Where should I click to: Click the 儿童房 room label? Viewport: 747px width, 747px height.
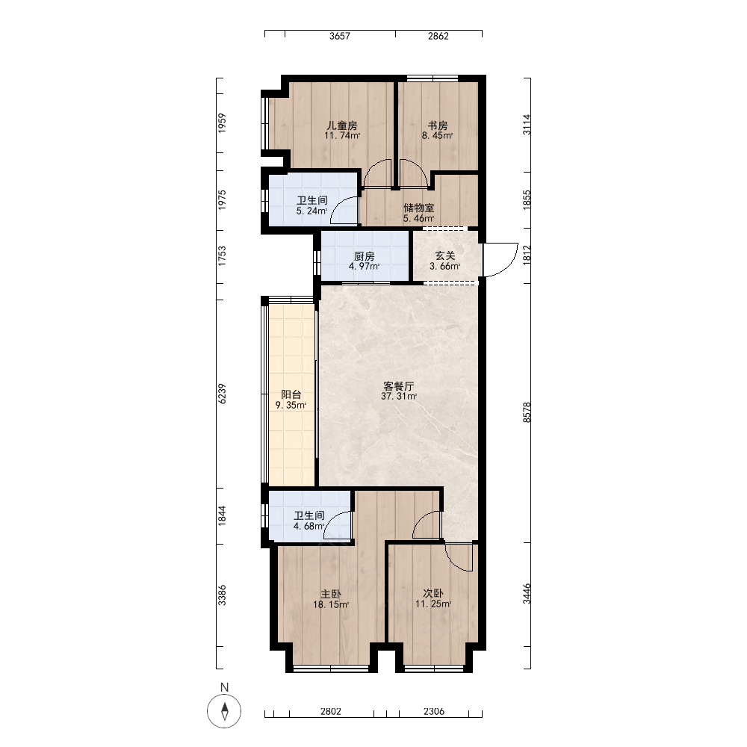click(341, 125)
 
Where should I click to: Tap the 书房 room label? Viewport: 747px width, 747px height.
click(437, 125)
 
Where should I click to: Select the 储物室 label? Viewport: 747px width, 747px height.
click(419, 208)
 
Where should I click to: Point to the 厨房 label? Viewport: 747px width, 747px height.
click(364, 256)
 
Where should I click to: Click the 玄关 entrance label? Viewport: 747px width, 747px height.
click(445, 255)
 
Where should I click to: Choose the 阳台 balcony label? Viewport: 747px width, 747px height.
click(291, 394)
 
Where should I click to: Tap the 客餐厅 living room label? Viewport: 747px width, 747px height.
click(399, 386)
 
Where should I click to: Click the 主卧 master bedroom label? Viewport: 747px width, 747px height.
click(331, 594)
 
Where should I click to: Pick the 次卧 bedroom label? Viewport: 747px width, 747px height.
click(433, 594)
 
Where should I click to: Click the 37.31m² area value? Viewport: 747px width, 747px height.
click(399, 397)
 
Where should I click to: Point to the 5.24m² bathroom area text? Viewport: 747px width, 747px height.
click(311, 211)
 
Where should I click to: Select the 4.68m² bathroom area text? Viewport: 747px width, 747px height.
click(309, 527)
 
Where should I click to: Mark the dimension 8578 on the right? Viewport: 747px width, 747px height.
click(527, 412)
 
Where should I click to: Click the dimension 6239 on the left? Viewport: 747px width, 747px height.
click(222, 394)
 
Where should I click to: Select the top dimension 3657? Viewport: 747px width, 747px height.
click(340, 36)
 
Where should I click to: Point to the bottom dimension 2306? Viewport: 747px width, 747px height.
click(434, 711)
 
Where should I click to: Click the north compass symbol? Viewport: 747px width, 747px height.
click(224, 711)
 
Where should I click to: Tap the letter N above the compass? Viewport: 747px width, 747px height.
click(224, 687)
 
